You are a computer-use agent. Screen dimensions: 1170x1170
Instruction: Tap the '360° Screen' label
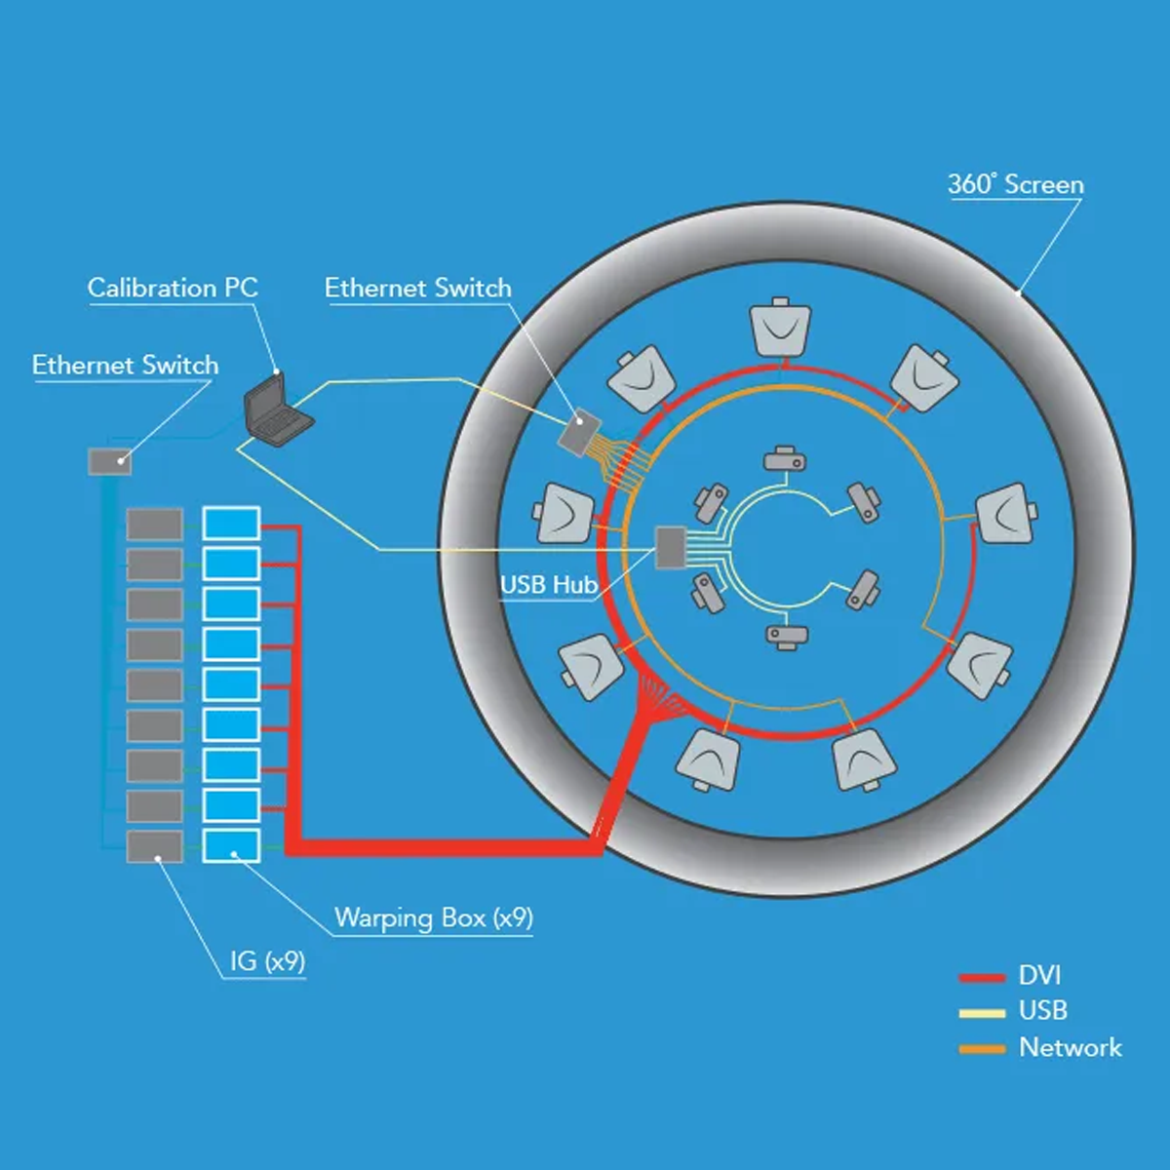[x=1015, y=184]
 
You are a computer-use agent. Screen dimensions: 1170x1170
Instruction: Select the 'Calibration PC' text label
[x=173, y=288]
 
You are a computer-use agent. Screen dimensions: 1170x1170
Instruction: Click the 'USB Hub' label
[x=548, y=584]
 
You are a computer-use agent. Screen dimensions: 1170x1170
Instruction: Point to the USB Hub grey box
[x=670, y=547]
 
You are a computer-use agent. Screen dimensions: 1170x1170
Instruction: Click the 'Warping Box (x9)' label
[x=434, y=917]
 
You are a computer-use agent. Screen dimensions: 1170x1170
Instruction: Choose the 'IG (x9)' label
[x=267, y=961]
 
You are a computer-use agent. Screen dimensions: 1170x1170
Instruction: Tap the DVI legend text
[x=1039, y=975]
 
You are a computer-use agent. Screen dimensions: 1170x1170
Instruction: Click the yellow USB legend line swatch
[x=982, y=1013]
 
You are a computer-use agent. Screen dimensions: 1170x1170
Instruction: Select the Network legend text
[x=1070, y=1047]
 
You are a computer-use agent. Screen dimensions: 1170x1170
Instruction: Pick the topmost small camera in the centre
[x=785, y=458]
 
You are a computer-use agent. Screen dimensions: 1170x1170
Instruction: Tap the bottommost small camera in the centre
[x=786, y=636]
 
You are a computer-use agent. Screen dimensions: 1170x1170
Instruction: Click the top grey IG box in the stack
[x=154, y=524]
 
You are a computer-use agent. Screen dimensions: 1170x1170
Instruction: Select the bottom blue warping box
[x=231, y=845]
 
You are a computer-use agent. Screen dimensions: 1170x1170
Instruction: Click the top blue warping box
[x=231, y=524]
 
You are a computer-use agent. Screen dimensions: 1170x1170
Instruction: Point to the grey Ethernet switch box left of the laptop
[x=109, y=461]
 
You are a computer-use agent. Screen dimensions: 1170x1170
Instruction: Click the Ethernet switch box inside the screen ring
[x=581, y=431]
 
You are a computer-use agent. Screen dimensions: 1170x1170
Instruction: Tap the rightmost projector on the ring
[x=1005, y=513]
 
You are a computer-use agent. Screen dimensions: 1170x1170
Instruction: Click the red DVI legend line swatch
[x=982, y=977]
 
